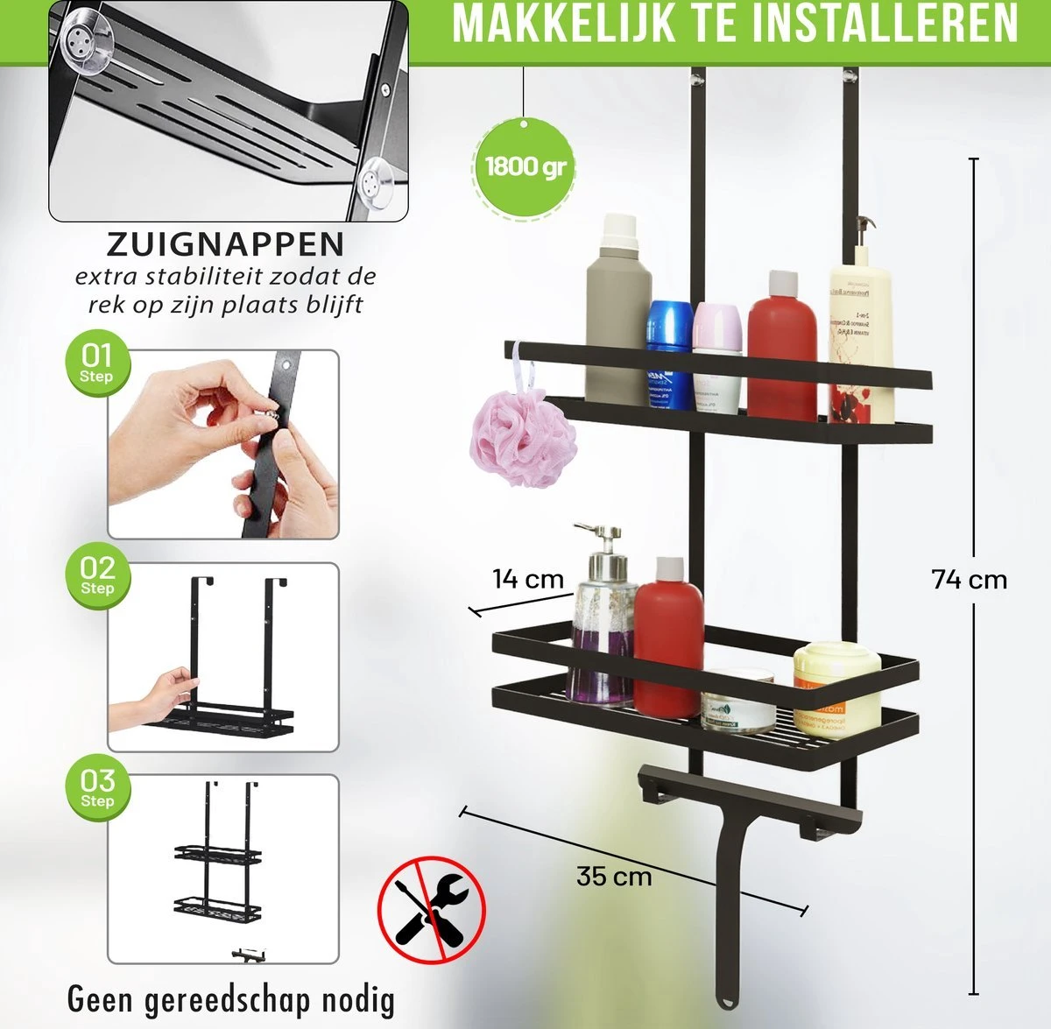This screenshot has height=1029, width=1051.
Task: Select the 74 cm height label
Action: pos(969,580)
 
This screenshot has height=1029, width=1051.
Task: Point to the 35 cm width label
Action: pos(614,876)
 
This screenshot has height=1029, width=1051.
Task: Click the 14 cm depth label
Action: pos(527,579)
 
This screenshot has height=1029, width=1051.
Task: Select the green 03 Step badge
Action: pos(96,786)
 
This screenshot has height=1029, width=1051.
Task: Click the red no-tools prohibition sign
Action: pos(431,909)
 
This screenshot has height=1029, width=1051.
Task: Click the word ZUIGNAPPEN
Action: pos(226,243)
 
